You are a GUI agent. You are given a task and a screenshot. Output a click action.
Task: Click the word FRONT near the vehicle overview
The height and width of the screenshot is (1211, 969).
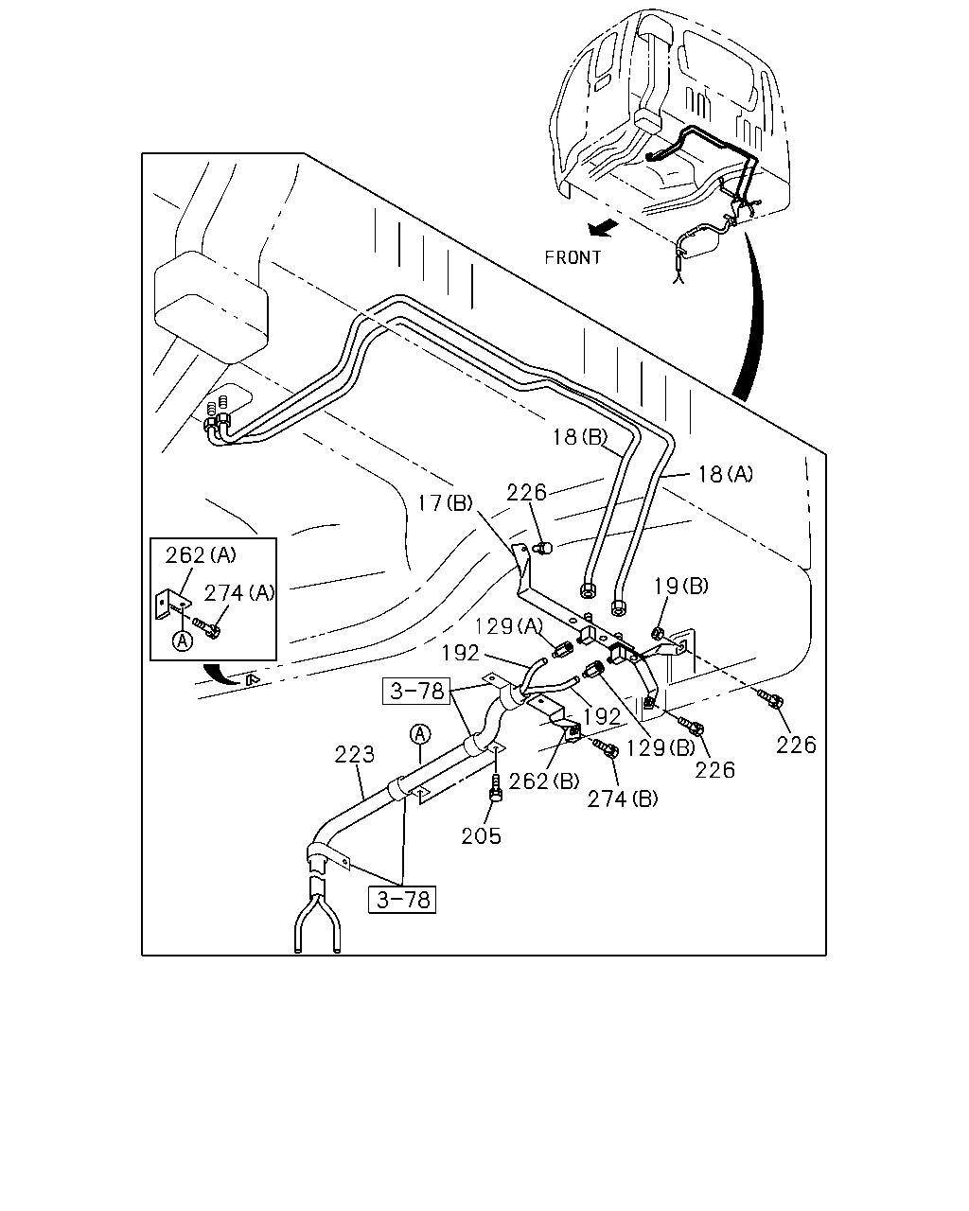tap(573, 257)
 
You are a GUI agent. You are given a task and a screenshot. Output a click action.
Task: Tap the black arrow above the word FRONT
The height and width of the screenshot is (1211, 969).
tap(603, 228)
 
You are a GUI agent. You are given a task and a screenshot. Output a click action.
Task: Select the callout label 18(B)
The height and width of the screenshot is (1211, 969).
tap(580, 437)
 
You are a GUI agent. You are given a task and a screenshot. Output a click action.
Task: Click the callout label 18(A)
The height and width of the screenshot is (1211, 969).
tap(725, 474)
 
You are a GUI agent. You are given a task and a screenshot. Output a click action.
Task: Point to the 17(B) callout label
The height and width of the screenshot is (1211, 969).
tap(445, 502)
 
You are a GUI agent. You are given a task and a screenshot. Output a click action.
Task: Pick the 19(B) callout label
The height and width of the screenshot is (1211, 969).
tap(680, 587)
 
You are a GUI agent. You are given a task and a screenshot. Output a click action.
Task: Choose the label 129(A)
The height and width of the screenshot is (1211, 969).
tap(509, 625)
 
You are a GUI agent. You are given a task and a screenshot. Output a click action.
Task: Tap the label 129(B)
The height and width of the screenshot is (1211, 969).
tap(661, 747)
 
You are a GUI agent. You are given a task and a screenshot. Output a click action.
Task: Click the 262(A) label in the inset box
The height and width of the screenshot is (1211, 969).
tap(201, 555)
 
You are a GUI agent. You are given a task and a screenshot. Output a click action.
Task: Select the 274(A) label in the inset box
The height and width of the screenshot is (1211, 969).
tap(239, 592)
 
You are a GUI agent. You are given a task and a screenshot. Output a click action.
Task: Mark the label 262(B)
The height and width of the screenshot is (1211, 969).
tap(544, 781)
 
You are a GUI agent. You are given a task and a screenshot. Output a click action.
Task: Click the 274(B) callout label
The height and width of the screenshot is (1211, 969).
tap(623, 799)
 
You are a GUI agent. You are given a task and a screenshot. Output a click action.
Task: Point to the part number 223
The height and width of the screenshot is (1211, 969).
tap(355, 755)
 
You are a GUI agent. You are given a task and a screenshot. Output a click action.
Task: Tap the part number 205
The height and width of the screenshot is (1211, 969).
tap(482, 836)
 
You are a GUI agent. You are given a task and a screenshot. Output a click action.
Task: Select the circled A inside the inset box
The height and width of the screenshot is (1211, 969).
tap(182, 641)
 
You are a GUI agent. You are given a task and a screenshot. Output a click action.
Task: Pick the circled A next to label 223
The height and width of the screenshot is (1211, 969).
tap(420, 734)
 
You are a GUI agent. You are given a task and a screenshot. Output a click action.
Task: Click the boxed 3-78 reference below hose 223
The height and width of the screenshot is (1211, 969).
tap(402, 899)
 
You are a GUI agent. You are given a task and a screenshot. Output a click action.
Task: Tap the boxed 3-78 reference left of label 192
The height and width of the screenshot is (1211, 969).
tap(416, 691)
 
